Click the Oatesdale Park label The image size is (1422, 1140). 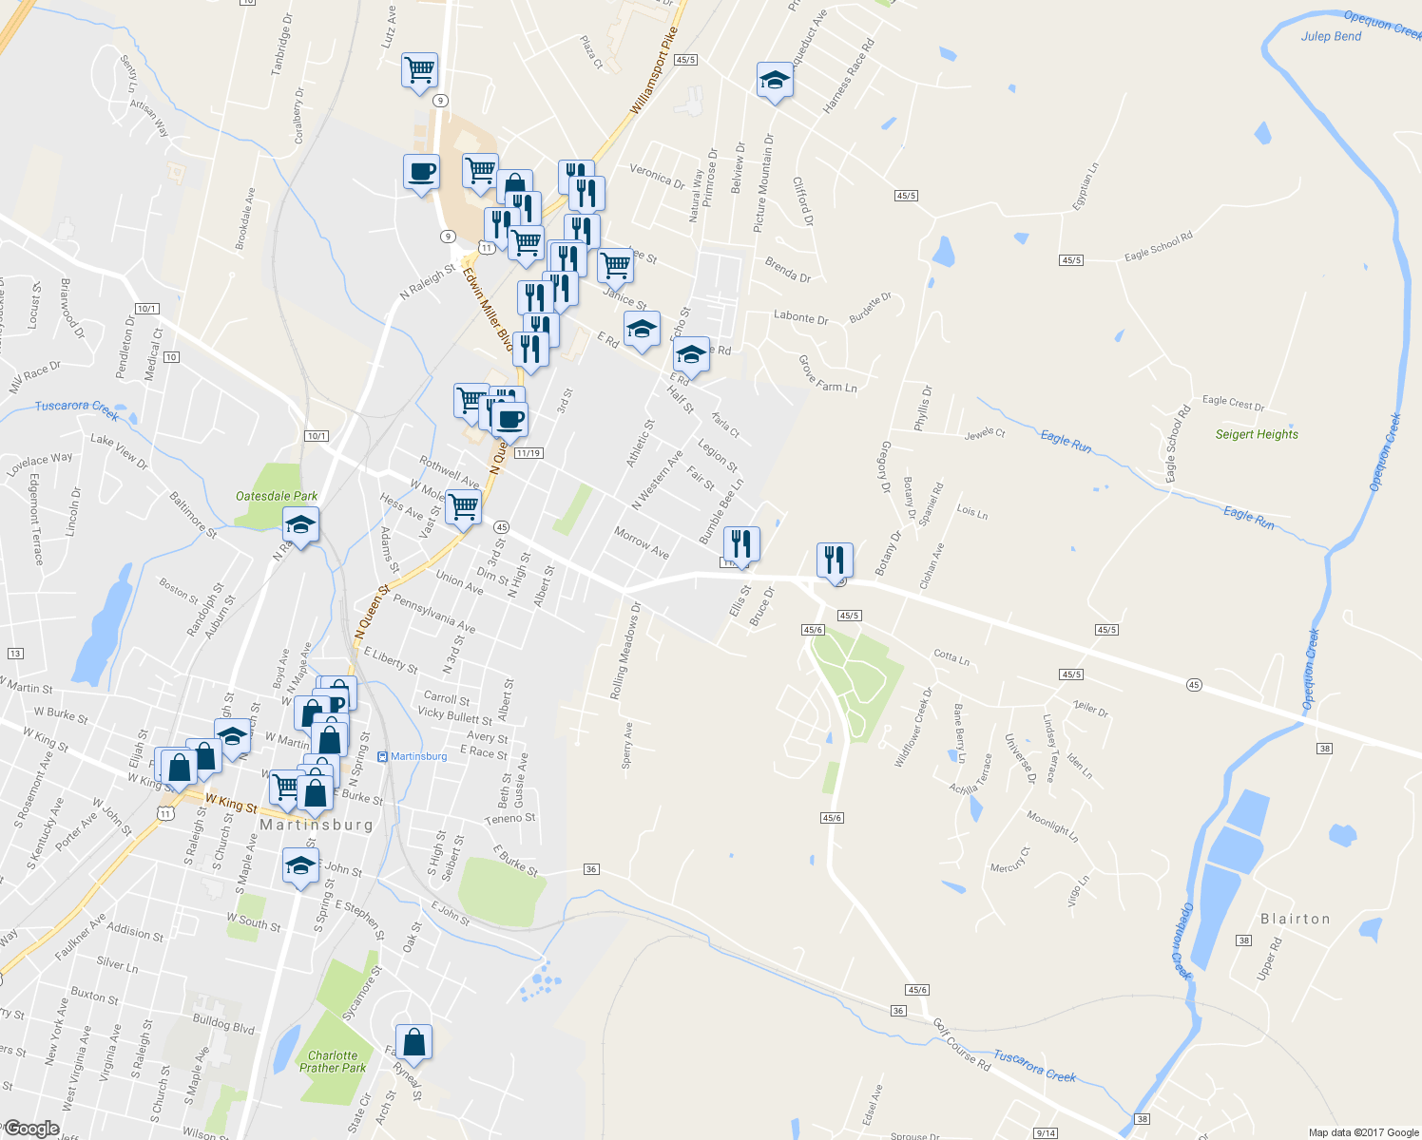(277, 496)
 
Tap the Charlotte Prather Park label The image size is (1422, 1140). (333, 1062)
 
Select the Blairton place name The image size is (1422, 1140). (1295, 919)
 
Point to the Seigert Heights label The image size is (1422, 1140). (1257, 434)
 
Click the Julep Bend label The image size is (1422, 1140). (1331, 36)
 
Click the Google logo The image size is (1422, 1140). (31, 1128)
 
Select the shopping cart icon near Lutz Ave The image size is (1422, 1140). (419, 69)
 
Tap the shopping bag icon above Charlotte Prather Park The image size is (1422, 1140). (413, 1042)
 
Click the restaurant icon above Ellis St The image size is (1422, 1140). (741, 544)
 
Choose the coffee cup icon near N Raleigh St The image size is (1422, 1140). (421, 172)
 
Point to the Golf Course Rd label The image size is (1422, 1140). (961, 1045)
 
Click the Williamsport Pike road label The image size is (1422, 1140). (654, 71)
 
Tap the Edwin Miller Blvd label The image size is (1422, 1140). (488, 308)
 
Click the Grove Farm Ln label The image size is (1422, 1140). (827, 374)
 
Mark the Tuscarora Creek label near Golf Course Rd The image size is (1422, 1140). (1034, 1065)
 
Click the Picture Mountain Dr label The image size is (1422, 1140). (762, 182)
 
